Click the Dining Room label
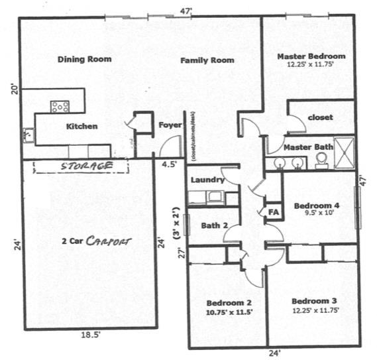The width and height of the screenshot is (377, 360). click(x=83, y=59)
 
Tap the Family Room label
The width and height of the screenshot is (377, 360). click(x=207, y=60)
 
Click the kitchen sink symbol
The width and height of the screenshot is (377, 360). click(x=28, y=135)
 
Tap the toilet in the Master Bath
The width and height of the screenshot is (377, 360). click(x=321, y=159)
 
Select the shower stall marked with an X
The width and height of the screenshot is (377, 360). click(x=344, y=149)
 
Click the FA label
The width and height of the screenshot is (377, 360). click(x=272, y=212)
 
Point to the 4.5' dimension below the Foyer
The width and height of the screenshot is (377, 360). click(x=168, y=164)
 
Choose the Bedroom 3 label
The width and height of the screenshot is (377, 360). click(x=313, y=300)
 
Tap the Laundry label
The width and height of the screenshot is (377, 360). click(x=206, y=180)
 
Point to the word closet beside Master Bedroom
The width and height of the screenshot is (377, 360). click(x=320, y=117)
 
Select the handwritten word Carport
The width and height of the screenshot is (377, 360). click(x=109, y=241)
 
